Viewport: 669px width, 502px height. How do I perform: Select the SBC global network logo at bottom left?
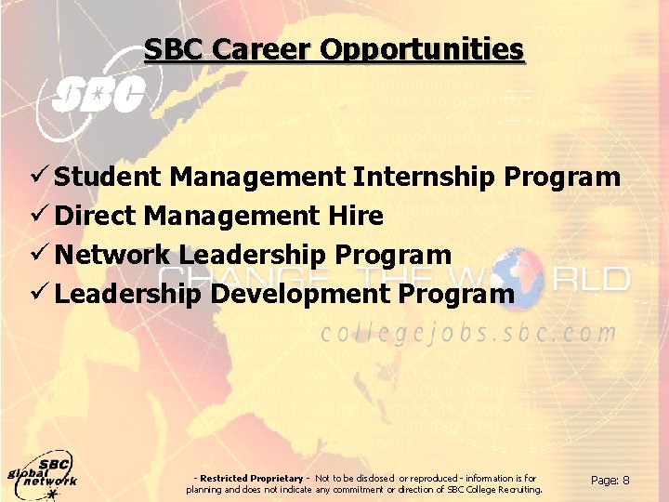click(x=43, y=477)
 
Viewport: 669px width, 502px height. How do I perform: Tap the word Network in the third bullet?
click(x=112, y=255)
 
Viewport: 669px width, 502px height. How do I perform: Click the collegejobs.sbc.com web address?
click(x=469, y=333)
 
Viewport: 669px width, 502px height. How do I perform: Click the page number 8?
click(x=625, y=481)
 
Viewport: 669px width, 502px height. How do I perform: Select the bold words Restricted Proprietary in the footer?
click(x=252, y=478)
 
